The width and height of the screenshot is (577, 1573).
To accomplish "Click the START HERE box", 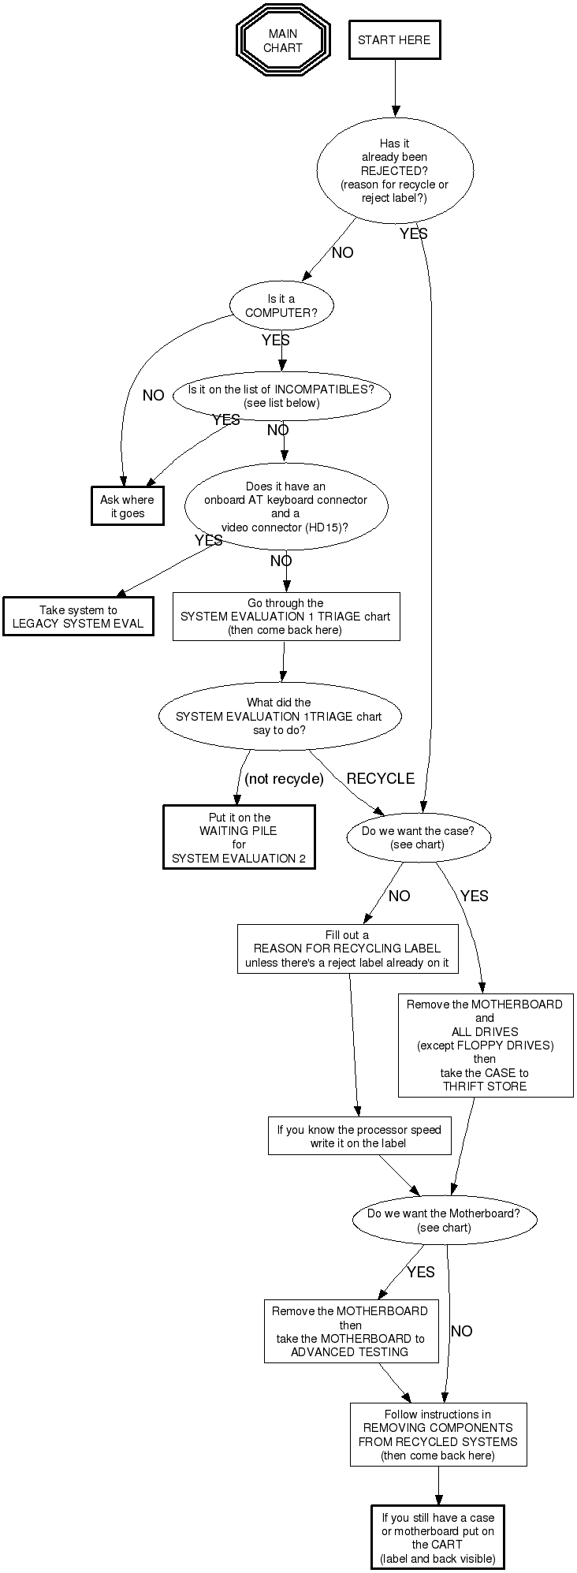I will tap(394, 40).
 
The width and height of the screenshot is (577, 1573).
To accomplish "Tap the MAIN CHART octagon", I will tap(282, 40).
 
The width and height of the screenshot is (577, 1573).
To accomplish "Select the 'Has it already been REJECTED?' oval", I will tap(394, 170).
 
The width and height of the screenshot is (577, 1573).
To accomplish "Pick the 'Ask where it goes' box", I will tap(127, 506).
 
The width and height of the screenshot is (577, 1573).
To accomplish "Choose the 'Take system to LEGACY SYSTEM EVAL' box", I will tap(78, 617).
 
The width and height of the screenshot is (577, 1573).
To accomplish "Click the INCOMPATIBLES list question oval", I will tap(281, 397).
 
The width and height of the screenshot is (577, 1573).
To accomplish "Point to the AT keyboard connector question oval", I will tap(285, 507).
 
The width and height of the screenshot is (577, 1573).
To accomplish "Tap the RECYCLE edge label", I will tap(380, 778).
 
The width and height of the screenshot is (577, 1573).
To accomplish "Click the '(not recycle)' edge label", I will tap(284, 779).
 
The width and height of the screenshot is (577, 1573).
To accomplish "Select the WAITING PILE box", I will tap(239, 837).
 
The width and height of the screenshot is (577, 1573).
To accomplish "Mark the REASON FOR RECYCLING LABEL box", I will tap(347, 949).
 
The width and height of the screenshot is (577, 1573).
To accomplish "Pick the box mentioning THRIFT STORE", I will tap(485, 1045).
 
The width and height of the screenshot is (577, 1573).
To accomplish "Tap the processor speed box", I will tap(359, 1136).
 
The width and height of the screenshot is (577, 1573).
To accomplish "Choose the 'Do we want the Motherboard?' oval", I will tap(444, 1221).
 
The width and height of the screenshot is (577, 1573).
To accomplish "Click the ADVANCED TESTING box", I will tap(350, 1331).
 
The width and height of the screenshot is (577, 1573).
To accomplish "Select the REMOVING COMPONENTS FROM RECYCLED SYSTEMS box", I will tap(437, 1434).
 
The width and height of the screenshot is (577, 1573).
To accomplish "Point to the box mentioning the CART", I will tap(437, 1537).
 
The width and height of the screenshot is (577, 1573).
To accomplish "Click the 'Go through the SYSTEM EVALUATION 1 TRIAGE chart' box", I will tap(285, 617).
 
